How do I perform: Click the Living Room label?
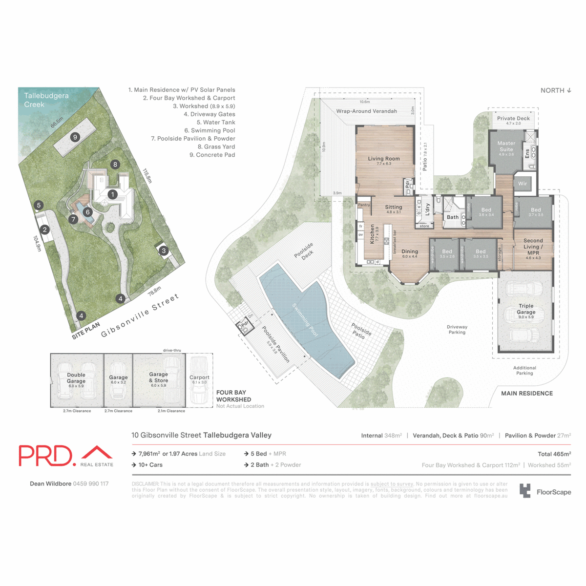[x=384, y=159]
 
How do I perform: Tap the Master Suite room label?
[x=506, y=146]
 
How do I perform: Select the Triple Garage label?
[x=526, y=309]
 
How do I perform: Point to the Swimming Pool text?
[x=305, y=320]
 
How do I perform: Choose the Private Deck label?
[x=513, y=118]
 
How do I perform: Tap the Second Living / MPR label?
[x=533, y=247]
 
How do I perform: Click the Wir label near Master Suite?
[x=523, y=184]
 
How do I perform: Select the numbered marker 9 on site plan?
[x=75, y=137]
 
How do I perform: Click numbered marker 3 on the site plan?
[x=164, y=251]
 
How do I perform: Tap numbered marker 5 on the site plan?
[x=39, y=206]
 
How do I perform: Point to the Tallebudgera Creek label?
[x=46, y=100]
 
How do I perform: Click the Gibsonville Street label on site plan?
[x=140, y=316]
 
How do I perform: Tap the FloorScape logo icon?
[x=525, y=491]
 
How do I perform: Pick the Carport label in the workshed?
[x=199, y=377]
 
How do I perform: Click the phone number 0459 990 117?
[x=91, y=484]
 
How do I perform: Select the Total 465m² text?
[x=554, y=454]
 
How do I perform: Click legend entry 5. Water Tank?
[x=216, y=123]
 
